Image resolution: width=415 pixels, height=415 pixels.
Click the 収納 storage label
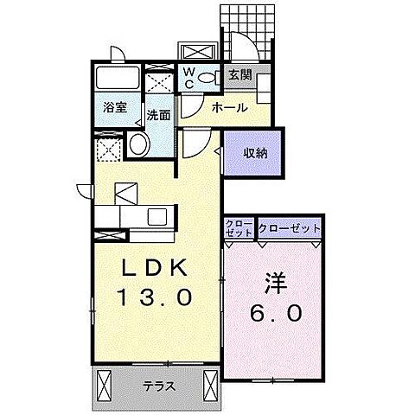pyautogui.click(x=254, y=154)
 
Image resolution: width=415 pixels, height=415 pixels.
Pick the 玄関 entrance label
pyautogui.click(x=240, y=75)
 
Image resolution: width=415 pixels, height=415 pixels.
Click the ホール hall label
pyautogui.click(x=229, y=108)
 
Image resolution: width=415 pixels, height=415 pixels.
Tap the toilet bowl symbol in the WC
pyautogui.click(x=208, y=78)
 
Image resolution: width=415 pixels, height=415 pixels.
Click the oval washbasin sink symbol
pyautogui.click(x=138, y=145)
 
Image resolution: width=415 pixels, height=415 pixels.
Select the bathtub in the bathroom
pyautogui.click(x=116, y=79)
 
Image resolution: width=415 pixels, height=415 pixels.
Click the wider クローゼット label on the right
pyautogui.click(x=289, y=229)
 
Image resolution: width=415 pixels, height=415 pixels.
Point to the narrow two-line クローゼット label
pyautogui.click(x=239, y=229)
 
